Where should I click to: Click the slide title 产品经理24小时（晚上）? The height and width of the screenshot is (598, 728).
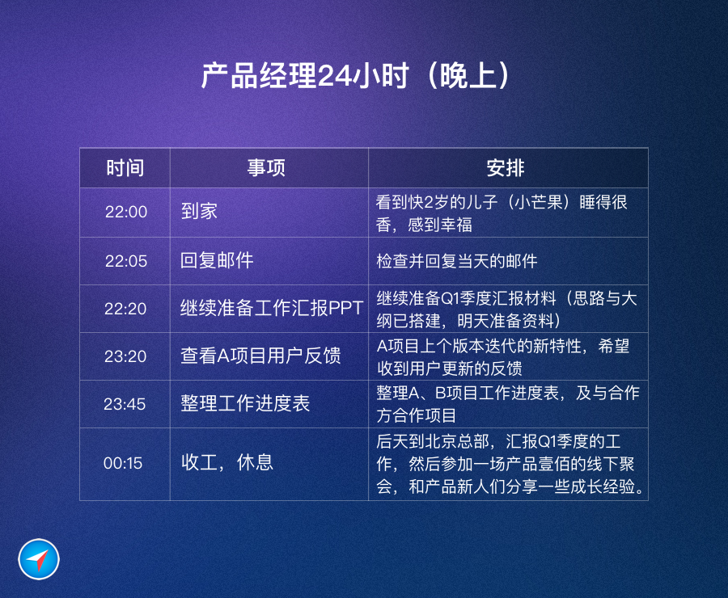[355, 76]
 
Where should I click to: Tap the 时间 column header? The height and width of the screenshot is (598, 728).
[125, 168]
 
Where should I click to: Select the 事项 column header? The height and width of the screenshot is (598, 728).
[266, 168]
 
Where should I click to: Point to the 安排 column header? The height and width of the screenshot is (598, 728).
[505, 168]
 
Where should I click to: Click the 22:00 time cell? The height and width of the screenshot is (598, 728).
[126, 212]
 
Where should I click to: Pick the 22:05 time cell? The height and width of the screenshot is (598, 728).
[126, 261]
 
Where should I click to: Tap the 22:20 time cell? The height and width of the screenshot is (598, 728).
[125, 309]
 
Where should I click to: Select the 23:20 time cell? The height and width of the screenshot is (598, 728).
[125, 356]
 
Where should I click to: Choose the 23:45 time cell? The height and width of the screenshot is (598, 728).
[125, 404]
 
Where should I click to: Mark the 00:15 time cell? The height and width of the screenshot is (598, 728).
[123, 463]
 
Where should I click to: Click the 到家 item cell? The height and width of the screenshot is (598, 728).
[199, 211]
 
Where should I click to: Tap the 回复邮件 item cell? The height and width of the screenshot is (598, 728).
[217, 260]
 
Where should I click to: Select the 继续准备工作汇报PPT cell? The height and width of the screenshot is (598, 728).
[272, 308]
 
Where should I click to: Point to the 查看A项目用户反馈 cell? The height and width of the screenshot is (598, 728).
[261, 356]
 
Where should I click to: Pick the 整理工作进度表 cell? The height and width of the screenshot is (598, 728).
[245, 403]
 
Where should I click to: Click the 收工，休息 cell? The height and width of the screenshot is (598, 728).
[227, 462]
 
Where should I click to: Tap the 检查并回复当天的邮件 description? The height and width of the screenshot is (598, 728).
[457, 261]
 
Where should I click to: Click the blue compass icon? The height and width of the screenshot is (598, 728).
[39, 559]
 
